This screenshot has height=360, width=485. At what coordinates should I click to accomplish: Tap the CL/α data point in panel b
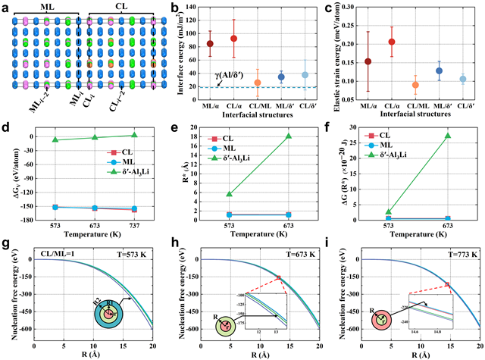pyautogui.click(x=233, y=38)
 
